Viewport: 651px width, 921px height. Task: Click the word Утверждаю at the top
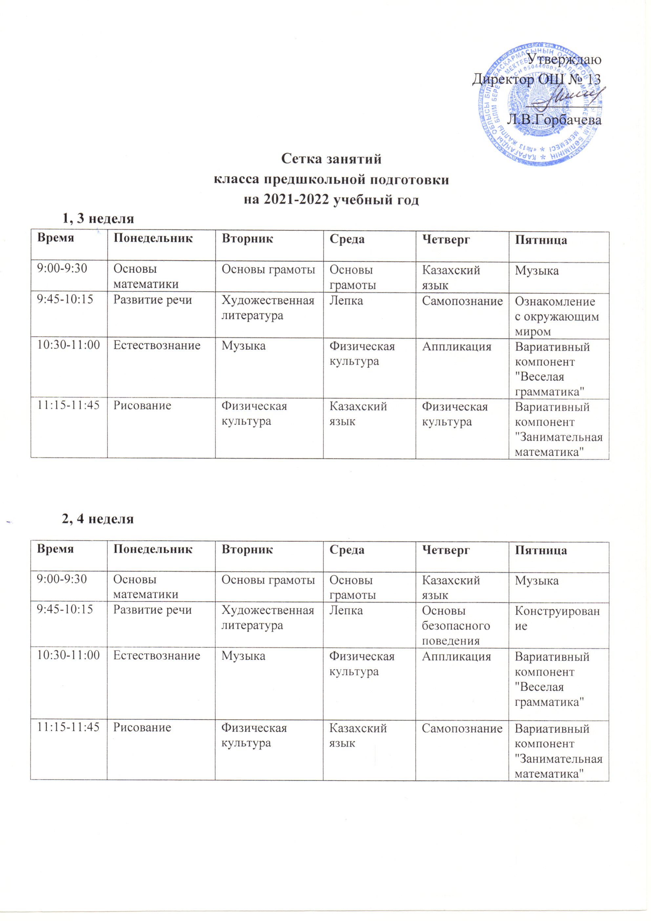click(x=564, y=60)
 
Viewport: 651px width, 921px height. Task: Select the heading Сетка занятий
click(x=331, y=159)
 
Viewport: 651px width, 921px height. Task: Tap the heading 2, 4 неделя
click(x=98, y=519)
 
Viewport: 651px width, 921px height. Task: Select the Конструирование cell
click(x=557, y=618)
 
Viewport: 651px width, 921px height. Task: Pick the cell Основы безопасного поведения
click(x=456, y=625)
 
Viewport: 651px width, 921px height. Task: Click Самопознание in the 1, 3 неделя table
click(x=462, y=301)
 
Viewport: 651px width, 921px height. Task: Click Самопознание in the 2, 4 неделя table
click(x=462, y=728)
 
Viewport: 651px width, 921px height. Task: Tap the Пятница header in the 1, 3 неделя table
click(x=541, y=240)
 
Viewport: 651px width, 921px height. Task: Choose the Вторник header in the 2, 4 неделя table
click(x=247, y=550)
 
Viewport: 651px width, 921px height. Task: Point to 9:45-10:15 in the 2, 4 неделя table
click(x=65, y=610)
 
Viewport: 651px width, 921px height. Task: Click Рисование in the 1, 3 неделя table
click(x=142, y=406)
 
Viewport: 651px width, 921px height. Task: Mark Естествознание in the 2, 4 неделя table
click(x=157, y=656)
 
